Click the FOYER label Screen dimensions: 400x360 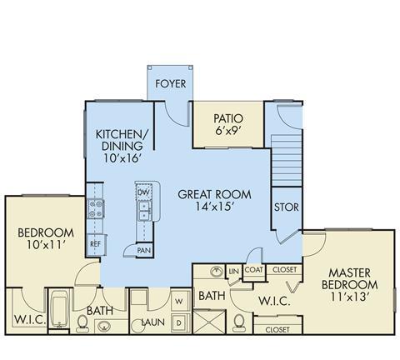tap(170, 83)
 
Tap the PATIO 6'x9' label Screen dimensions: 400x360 tap(228, 124)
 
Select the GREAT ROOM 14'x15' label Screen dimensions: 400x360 tap(214, 200)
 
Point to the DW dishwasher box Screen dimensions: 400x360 tap(143, 192)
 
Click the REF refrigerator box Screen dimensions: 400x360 tap(96, 244)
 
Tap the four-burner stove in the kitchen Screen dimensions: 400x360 tap(96, 208)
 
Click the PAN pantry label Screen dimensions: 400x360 tap(144, 251)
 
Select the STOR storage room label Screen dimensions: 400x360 tap(287, 207)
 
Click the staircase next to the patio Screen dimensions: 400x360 tap(287, 160)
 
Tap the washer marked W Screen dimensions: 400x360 tap(180, 301)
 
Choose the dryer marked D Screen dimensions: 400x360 tap(180, 323)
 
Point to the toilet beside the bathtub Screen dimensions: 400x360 tap(82, 324)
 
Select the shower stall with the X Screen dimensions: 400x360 tap(210, 322)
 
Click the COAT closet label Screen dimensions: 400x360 tap(254, 270)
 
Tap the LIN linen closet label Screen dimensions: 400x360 tap(234, 271)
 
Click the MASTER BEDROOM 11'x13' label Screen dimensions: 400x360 tap(349, 285)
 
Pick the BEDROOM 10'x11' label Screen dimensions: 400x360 tap(46, 238)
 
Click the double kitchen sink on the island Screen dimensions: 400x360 tap(145, 211)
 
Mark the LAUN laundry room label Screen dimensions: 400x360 tap(153, 322)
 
